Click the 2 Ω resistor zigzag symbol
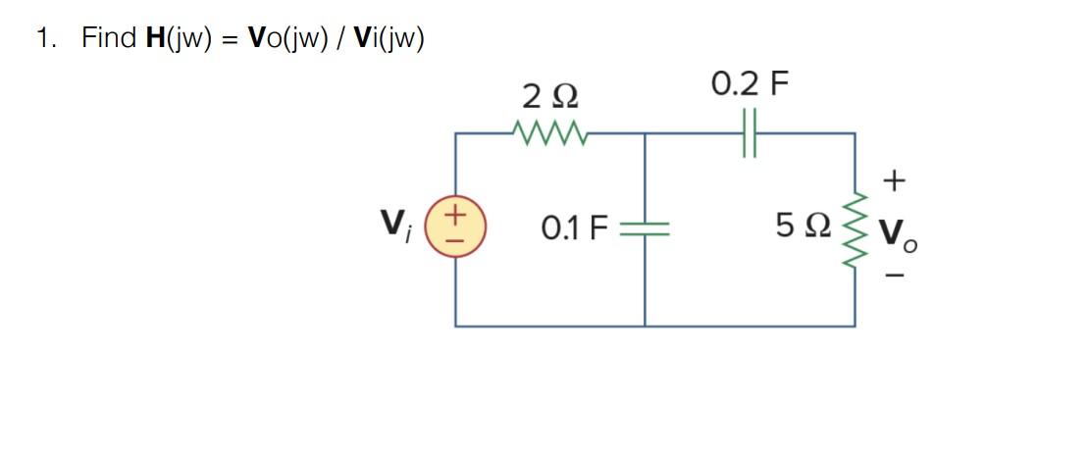coord(549,131)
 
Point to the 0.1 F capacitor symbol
coord(645,228)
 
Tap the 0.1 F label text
coord(575,229)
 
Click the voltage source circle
coord(455,228)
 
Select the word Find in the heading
coord(109,38)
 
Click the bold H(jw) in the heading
coord(180,38)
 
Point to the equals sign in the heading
coord(231,39)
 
